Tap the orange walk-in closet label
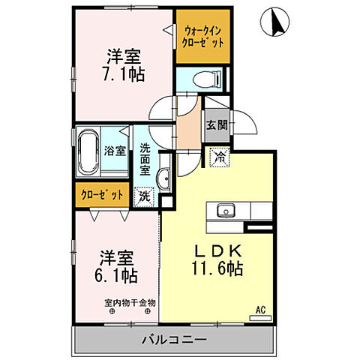[x=202, y=37]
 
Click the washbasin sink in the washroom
[x=163, y=178]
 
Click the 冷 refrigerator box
[x=219, y=157]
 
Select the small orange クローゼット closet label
[x=101, y=194]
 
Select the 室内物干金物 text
[x=130, y=303]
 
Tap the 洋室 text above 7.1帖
[x=124, y=55]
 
